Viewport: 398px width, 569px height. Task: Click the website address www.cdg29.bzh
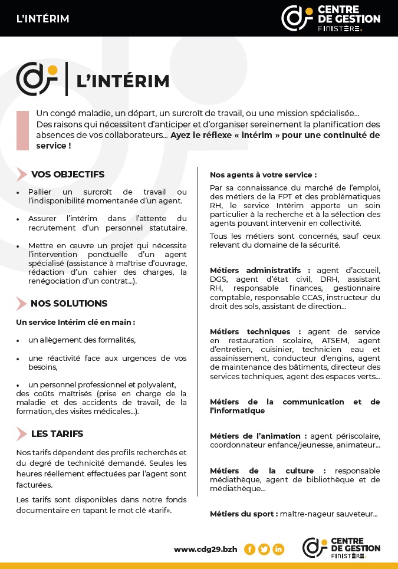(x=205, y=549)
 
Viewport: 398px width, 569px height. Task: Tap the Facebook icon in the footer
(x=249, y=549)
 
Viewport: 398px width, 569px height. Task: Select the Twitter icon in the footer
(x=264, y=549)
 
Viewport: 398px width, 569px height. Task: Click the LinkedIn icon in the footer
(x=278, y=549)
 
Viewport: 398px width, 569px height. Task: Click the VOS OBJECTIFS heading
(x=68, y=175)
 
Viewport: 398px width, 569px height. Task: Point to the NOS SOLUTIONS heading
(x=69, y=304)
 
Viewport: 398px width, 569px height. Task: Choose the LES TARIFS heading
(x=57, y=434)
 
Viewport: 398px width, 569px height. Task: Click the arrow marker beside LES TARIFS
(x=22, y=434)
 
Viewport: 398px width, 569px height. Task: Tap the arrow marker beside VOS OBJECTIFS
(x=22, y=175)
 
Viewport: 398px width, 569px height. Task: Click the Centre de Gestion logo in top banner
(x=330, y=18)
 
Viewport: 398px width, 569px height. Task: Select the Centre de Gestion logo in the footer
(x=341, y=548)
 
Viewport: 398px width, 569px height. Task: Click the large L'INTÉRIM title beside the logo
(x=123, y=81)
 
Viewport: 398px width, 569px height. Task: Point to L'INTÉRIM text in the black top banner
(x=43, y=19)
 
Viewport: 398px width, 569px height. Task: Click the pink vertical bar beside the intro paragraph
(x=22, y=130)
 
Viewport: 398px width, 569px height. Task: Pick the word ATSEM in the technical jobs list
(x=334, y=341)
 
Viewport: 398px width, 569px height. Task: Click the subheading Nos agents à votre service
(x=263, y=175)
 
